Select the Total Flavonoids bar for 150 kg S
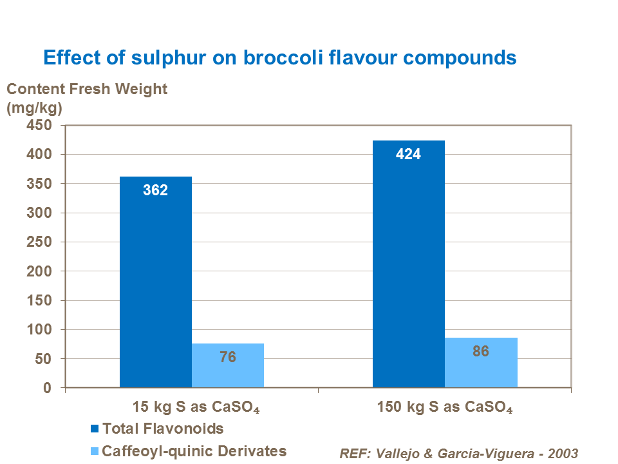[408, 264]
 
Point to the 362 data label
[156, 190]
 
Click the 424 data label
[408, 154]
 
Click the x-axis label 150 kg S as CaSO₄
[444, 408]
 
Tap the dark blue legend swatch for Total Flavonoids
[95, 429]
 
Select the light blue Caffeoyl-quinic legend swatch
[95, 451]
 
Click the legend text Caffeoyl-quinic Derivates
[194, 451]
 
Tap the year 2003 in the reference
[562, 453]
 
